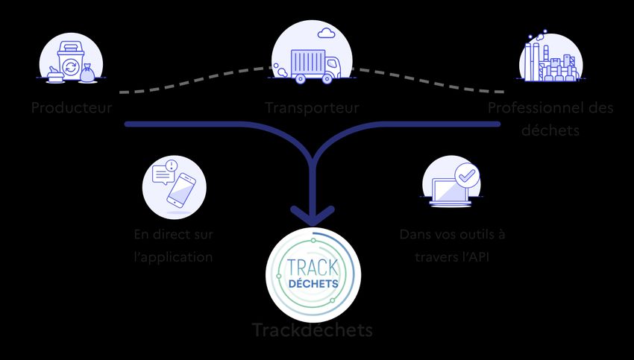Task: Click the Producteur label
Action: coord(72,108)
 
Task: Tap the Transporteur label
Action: coord(312,108)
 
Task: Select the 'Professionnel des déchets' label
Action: coord(550,119)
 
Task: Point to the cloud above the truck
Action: coord(325,33)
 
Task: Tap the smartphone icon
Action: coord(182,192)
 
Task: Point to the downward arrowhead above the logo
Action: coord(313,215)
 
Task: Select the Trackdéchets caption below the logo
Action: coord(312,329)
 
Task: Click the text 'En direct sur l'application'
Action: coord(174,246)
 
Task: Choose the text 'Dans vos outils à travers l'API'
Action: coord(452,246)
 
